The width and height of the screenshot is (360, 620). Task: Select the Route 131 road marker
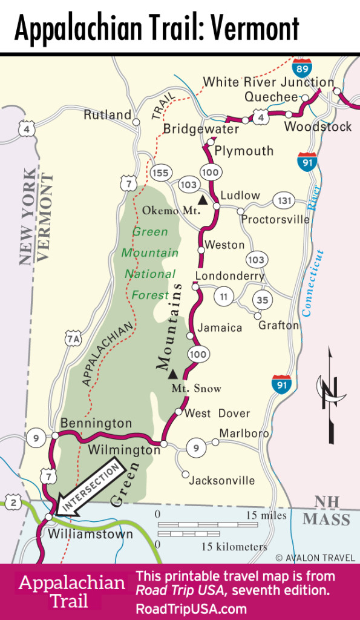(283, 201)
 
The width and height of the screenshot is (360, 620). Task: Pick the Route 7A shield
(73, 340)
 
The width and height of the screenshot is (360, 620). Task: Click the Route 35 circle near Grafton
(263, 299)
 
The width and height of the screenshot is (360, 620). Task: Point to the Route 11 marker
(224, 297)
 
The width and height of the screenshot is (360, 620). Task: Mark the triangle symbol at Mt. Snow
(173, 374)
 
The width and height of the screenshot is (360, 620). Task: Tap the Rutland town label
(108, 114)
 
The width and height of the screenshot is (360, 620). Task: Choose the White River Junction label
(268, 82)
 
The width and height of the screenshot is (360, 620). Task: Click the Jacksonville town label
(222, 481)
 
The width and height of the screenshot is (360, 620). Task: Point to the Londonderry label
(229, 275)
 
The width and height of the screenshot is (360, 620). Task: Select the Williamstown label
(90, 535)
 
